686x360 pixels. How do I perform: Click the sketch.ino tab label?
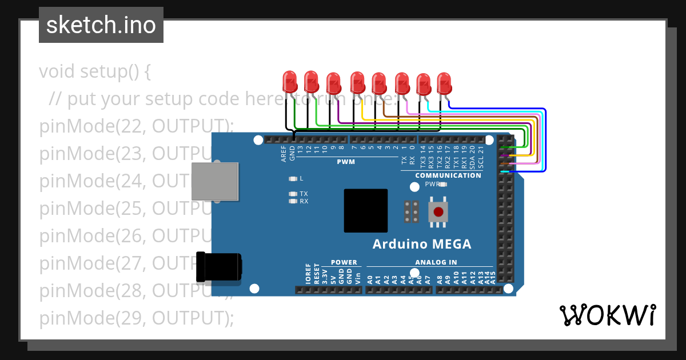tap(101, 25)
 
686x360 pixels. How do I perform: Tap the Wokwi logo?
tap(607, 315)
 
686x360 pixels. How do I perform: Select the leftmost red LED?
tap(290, 82)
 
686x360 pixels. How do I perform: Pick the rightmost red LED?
tap(444, 83)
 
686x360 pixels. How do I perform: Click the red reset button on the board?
tap(438, 212)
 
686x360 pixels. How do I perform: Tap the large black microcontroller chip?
tap(365, 210)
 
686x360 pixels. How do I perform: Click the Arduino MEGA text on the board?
tap(422, 244)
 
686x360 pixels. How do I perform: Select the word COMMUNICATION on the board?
tap(448, 175)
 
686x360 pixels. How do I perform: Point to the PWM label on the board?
tap(346, 162)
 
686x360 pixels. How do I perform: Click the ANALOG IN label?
tap(436, 262)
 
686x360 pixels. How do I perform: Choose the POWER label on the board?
tap(344, 262)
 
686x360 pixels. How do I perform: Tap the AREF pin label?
tap(284, 154)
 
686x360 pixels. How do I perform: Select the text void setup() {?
tap(95, 72)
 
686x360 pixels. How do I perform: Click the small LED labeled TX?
tap(293, 194)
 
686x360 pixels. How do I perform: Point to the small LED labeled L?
tap(293, 178)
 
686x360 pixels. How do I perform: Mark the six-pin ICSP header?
tap(409, 211)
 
